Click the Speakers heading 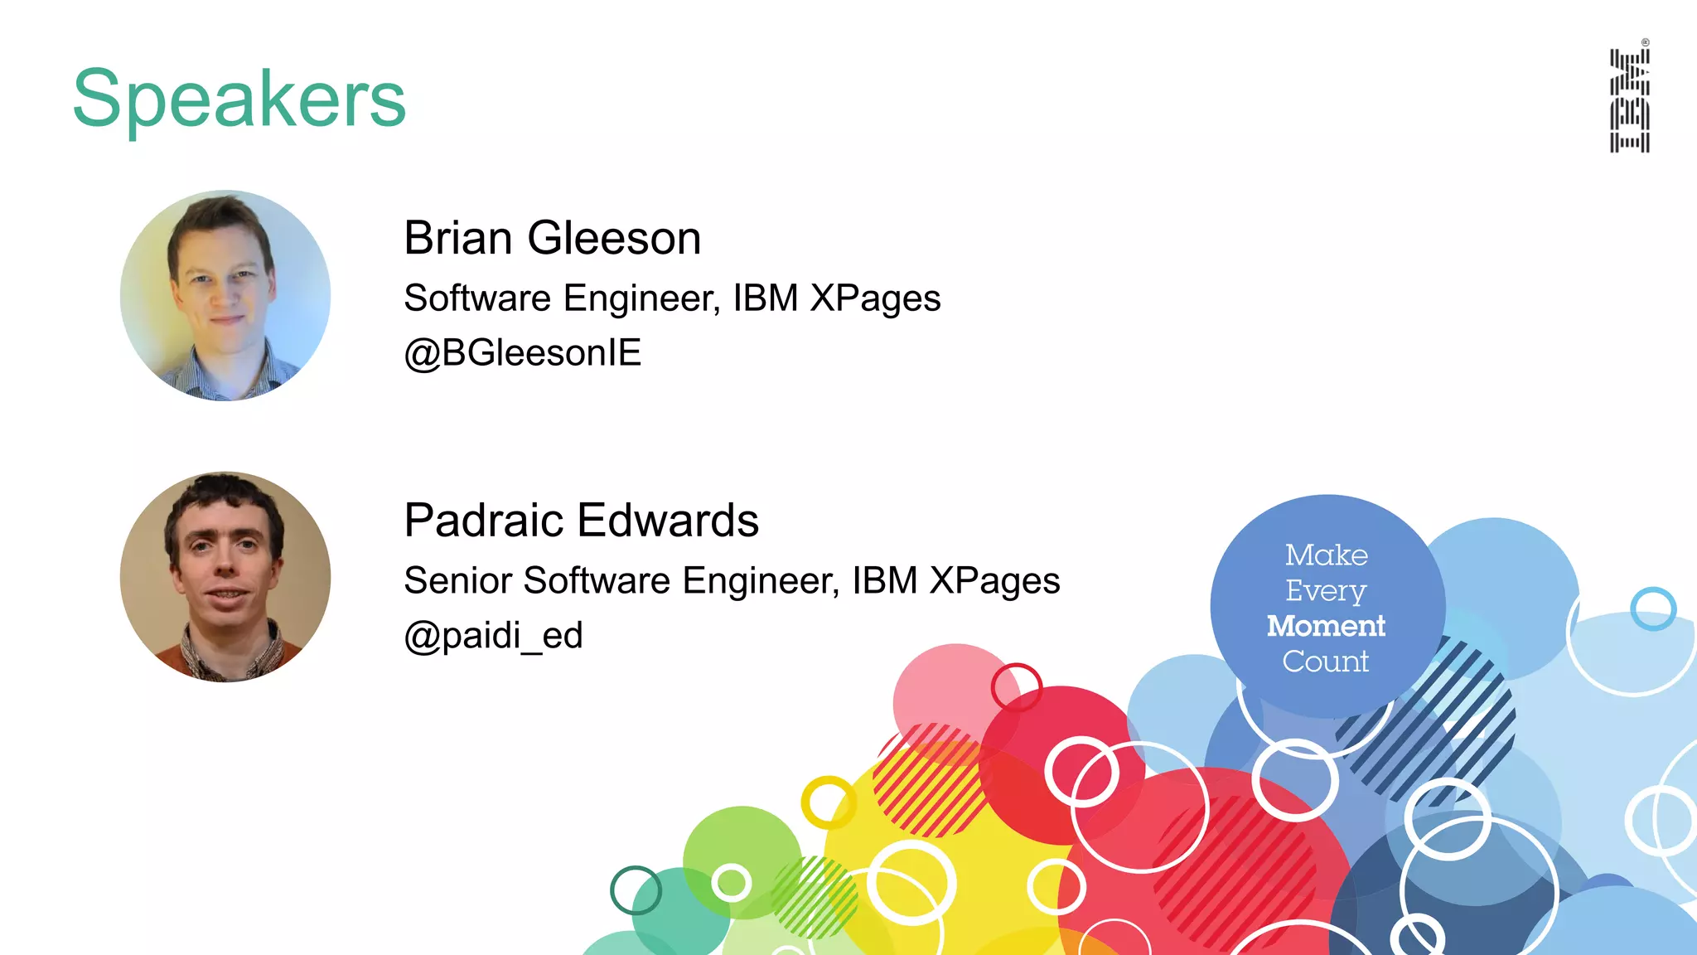[239, 99]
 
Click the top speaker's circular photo [225, 295]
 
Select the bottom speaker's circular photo [225, 577]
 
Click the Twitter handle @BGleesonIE [522, 353]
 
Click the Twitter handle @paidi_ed [493, 636]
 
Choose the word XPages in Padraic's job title [994, 581]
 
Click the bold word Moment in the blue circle [1326, 626]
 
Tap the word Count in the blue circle [1326, 662]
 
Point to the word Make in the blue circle [1326, 555]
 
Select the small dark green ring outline [636, 890]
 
